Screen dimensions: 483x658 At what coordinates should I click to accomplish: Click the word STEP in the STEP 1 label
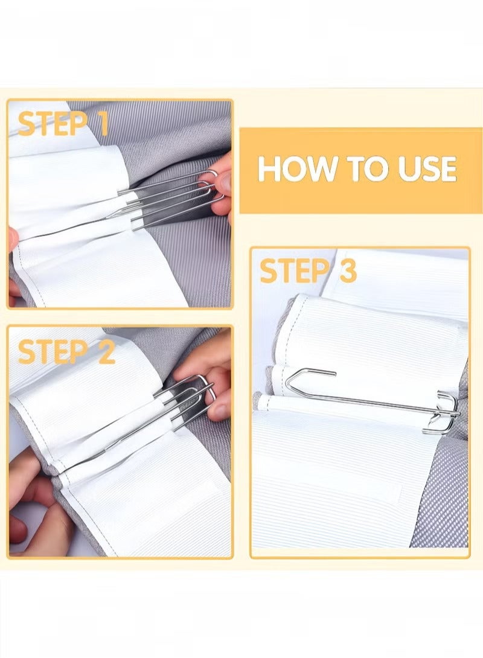51,124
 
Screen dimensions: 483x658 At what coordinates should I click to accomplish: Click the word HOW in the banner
297,168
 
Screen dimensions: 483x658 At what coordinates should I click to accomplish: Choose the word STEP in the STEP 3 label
293,270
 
